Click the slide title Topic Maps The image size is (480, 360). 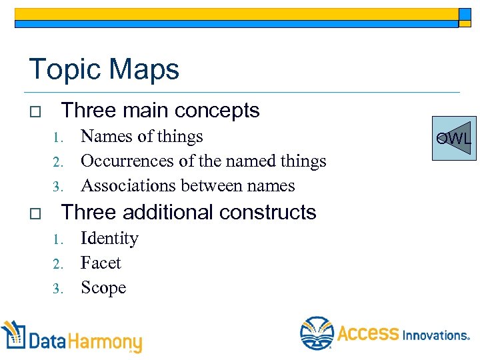click(x=104, y=69)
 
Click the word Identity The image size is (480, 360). click(x=109, y=239)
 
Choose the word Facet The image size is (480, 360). click(x=101, y=263)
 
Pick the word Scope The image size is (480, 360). click(x=103, y=288)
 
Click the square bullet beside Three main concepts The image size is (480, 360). click(x=35, y=111)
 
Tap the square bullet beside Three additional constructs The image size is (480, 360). click(x=35, y=213)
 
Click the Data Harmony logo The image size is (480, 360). click(x=72, y=338)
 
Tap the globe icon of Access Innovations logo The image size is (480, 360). click(x=317, y=333)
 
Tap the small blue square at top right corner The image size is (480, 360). click(x=465, y=15)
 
